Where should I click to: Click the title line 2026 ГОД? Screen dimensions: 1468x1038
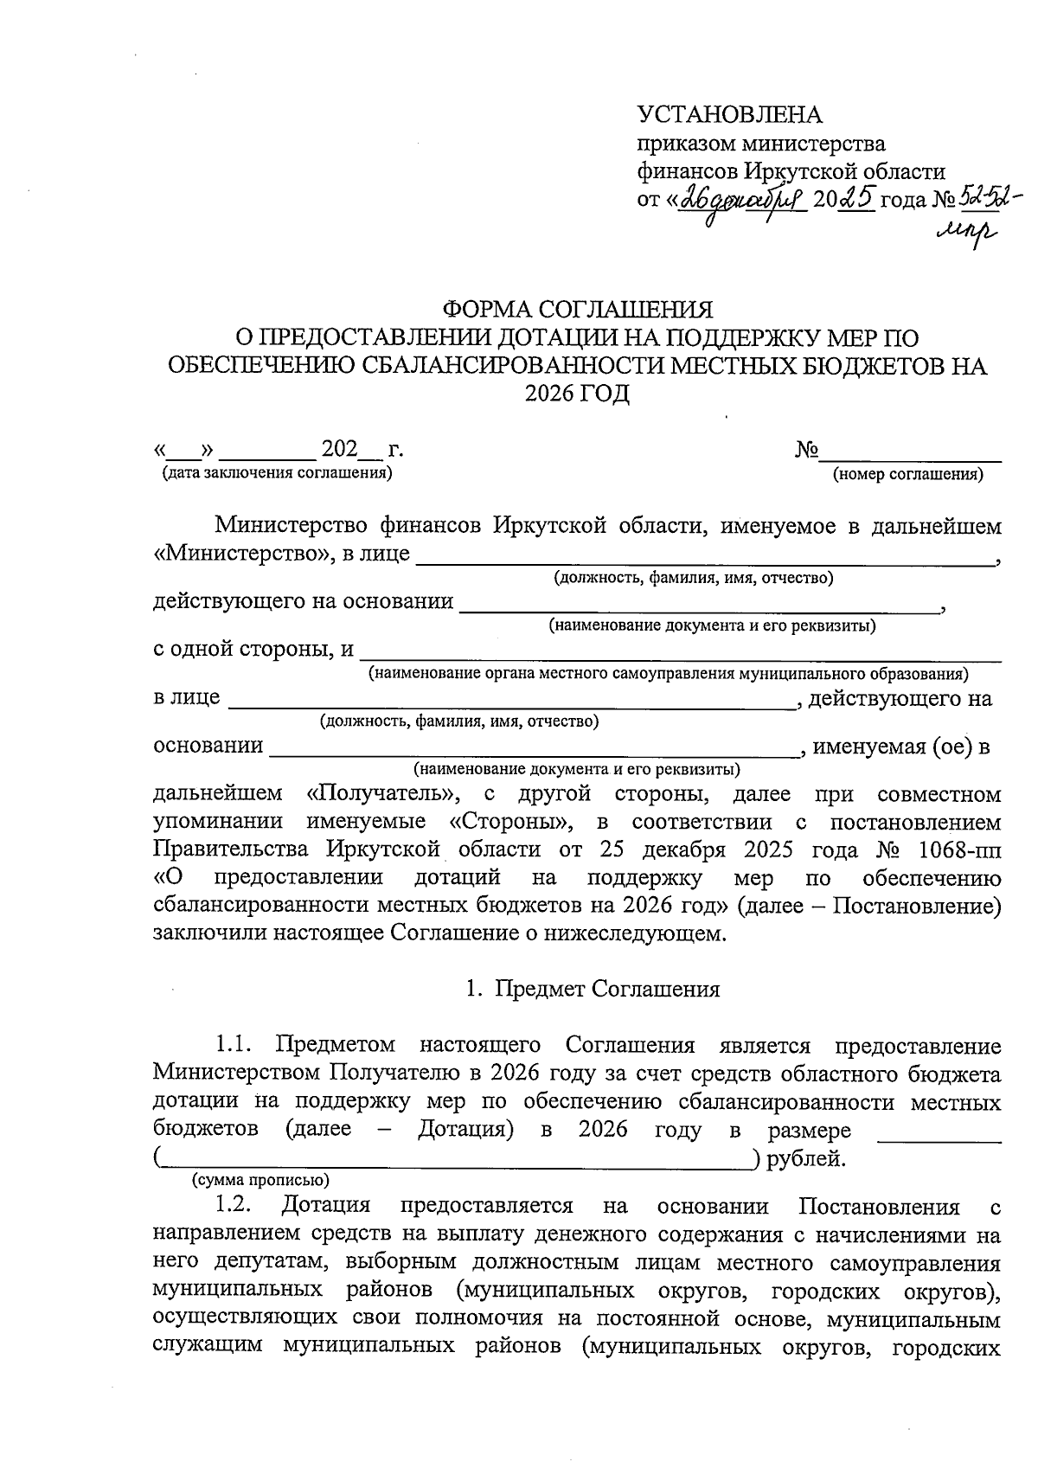click(578, 394)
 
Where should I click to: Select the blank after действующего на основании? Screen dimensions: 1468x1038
click(701, 609)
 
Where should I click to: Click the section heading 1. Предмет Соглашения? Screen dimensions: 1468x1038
click(593, 990)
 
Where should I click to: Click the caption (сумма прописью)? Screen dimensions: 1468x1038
click(259, 1179)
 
